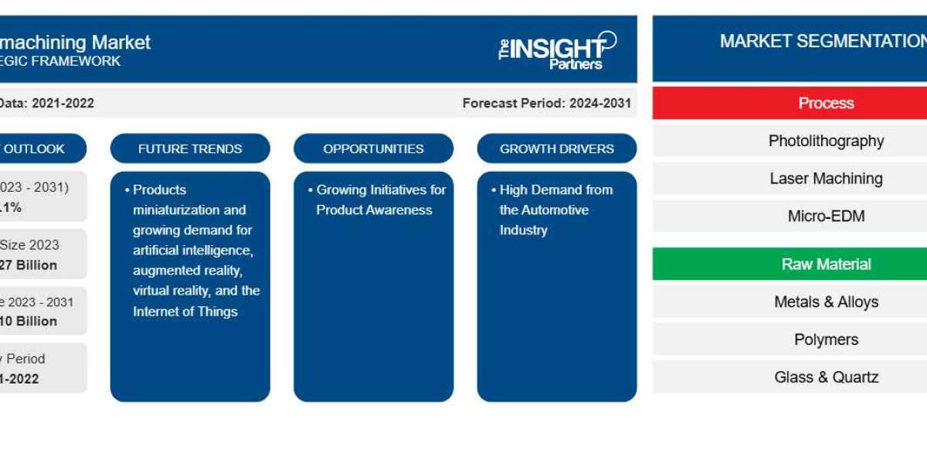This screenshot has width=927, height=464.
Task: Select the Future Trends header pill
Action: click(190, 148)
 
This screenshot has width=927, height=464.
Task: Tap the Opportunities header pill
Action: click(373, 148)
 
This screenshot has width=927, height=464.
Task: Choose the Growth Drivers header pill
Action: click(556, 148)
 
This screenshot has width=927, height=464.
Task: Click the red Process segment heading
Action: click(826, 103)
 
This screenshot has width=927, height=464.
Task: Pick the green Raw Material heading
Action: click(826, 264)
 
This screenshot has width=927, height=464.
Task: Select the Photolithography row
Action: click(826, 141)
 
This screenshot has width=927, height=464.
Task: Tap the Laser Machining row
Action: click(826, 179)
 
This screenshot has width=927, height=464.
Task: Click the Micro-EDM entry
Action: click(826, 216)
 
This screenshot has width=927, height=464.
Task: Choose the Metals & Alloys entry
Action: click(826, 302)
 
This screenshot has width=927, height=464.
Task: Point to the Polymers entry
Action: click(826, 339)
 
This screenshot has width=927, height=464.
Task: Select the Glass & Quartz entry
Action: click(826, 377)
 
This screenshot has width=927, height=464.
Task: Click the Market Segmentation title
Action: click(822, 41)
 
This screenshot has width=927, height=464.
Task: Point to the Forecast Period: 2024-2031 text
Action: click(546, 103)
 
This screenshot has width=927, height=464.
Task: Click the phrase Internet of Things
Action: click(185, 311)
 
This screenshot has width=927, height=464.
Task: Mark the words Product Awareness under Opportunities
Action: click(374, 210)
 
